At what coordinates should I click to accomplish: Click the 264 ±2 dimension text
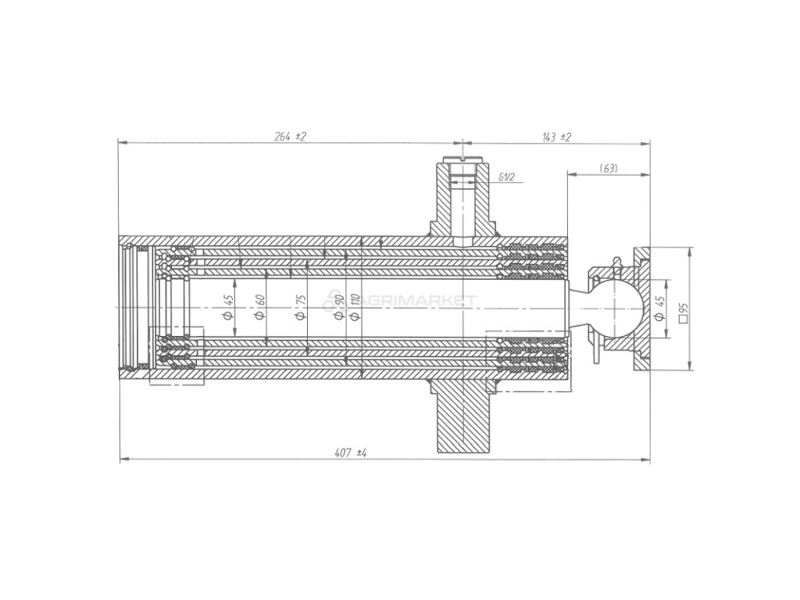(290, 137)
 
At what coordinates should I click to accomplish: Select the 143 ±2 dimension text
(557, 137)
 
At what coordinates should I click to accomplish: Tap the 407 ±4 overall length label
(351, 452)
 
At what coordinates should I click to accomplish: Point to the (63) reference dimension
(609, 168)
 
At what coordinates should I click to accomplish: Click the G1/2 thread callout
(506, 177)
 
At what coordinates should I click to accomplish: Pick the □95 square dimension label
(683, 312)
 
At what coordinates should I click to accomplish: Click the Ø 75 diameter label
(301, 307)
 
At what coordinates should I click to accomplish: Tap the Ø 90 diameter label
(339, 306)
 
